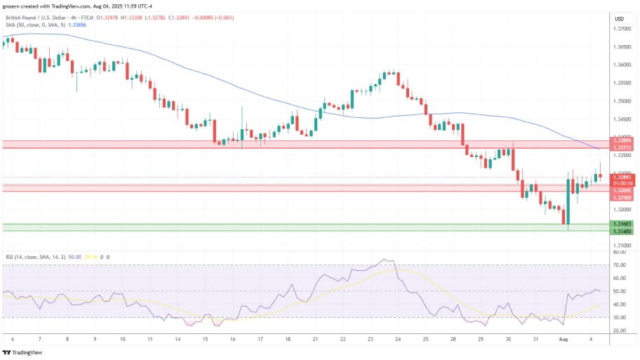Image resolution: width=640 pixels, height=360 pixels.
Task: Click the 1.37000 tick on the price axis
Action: [x=620, y=29]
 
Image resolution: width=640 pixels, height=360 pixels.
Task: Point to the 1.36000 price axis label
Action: [x=620, y=65]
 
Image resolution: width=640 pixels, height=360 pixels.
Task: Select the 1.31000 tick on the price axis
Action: [x=620, y=246]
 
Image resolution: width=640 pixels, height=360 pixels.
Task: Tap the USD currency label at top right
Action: [x=620, y=18]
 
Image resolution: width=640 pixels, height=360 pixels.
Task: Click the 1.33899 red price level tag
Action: [x=620, y=141]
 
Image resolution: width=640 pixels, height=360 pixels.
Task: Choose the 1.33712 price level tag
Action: [x=620, y=148]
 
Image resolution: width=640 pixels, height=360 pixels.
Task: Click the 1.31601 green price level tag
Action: [x=620, y=224]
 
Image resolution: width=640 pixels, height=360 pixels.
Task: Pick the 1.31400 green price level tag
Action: [x=620, y=231]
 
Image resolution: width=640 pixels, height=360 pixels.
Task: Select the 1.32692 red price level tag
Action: [x=620, y=191]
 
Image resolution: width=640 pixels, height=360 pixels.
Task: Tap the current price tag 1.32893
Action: [x=620, y=178]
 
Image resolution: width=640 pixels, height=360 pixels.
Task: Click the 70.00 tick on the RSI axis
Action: [x=619, y=265]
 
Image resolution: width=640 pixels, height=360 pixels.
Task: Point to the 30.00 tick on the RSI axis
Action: [x=619, y=317]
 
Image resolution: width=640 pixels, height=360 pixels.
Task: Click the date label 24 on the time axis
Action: [x=397, y=339]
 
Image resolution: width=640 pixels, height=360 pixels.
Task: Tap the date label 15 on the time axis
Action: [x=205, y=339]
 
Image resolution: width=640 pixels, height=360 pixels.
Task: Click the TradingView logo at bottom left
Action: [x=22, y=352]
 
